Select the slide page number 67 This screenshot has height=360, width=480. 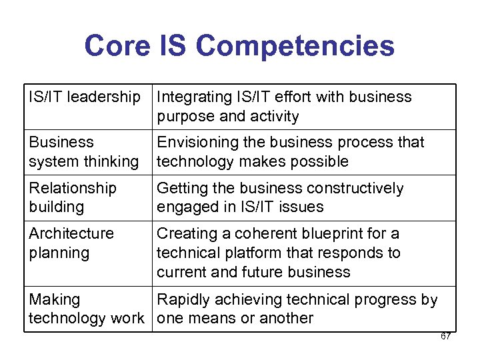(x=445, y=336)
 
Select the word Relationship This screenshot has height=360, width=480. (x=73, y=189)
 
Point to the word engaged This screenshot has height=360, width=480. (x=185, y=207)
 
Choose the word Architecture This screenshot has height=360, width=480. (x=71, y=234)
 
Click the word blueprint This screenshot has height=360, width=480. (x=340, y=234)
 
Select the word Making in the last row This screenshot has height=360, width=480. (x=54, y=300)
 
